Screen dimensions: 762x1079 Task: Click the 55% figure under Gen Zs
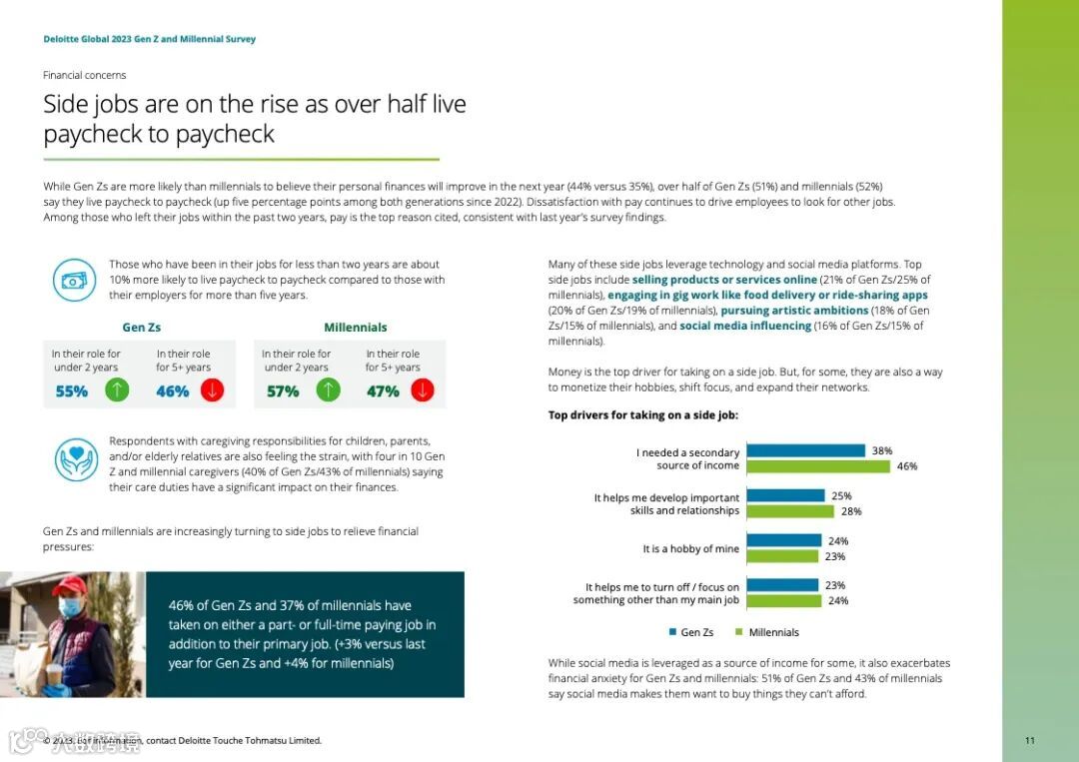click(x=72, y=391)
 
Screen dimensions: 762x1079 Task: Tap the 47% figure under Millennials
click(x=383, y=391)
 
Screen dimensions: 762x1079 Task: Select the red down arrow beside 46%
click(x=212, y=390)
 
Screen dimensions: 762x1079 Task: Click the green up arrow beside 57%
click(x=328, y=390)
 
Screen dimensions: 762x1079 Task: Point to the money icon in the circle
click(x=75, y=280)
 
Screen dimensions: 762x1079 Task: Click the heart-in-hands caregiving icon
click(x=75, y=459)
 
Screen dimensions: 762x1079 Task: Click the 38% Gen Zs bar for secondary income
click(x=805, y=450)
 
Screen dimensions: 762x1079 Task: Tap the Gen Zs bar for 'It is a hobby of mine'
click(x=783, y=540)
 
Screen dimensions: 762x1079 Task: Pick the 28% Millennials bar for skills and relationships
click(x=789, y=511)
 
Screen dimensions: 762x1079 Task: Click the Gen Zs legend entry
click(x=690, y=632)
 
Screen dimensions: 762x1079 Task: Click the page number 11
click(x=1029, y=740)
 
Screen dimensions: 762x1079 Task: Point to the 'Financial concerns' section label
click(x=85, y=75)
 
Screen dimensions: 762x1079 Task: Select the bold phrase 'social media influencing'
click(x=745, y=326)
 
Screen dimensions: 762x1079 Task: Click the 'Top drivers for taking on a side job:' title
click(x=643, y=414)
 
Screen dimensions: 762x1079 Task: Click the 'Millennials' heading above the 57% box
click(x=355, y=328)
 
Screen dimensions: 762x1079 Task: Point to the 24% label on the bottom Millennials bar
click(x=837, y=601)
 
